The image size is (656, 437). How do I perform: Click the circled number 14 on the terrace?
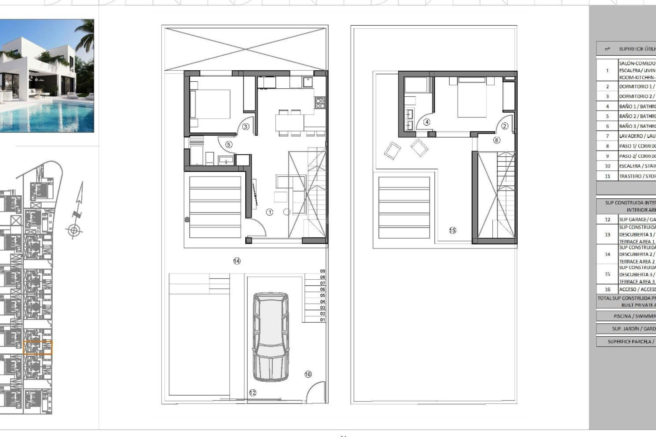237,261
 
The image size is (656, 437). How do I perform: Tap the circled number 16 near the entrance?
308,374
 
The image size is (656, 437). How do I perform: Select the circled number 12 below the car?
252,393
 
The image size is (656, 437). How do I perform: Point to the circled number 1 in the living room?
270,212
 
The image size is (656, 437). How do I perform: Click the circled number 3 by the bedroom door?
246,127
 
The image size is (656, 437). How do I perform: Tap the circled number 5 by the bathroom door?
229,144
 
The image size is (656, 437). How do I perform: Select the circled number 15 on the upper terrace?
452,230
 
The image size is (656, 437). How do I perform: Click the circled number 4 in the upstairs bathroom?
426,122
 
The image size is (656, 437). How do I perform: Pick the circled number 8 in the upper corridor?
496,140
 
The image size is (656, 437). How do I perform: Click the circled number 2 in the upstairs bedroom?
505,126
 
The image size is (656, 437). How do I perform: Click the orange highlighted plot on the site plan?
38,348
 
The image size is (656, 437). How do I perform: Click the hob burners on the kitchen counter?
320,102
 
